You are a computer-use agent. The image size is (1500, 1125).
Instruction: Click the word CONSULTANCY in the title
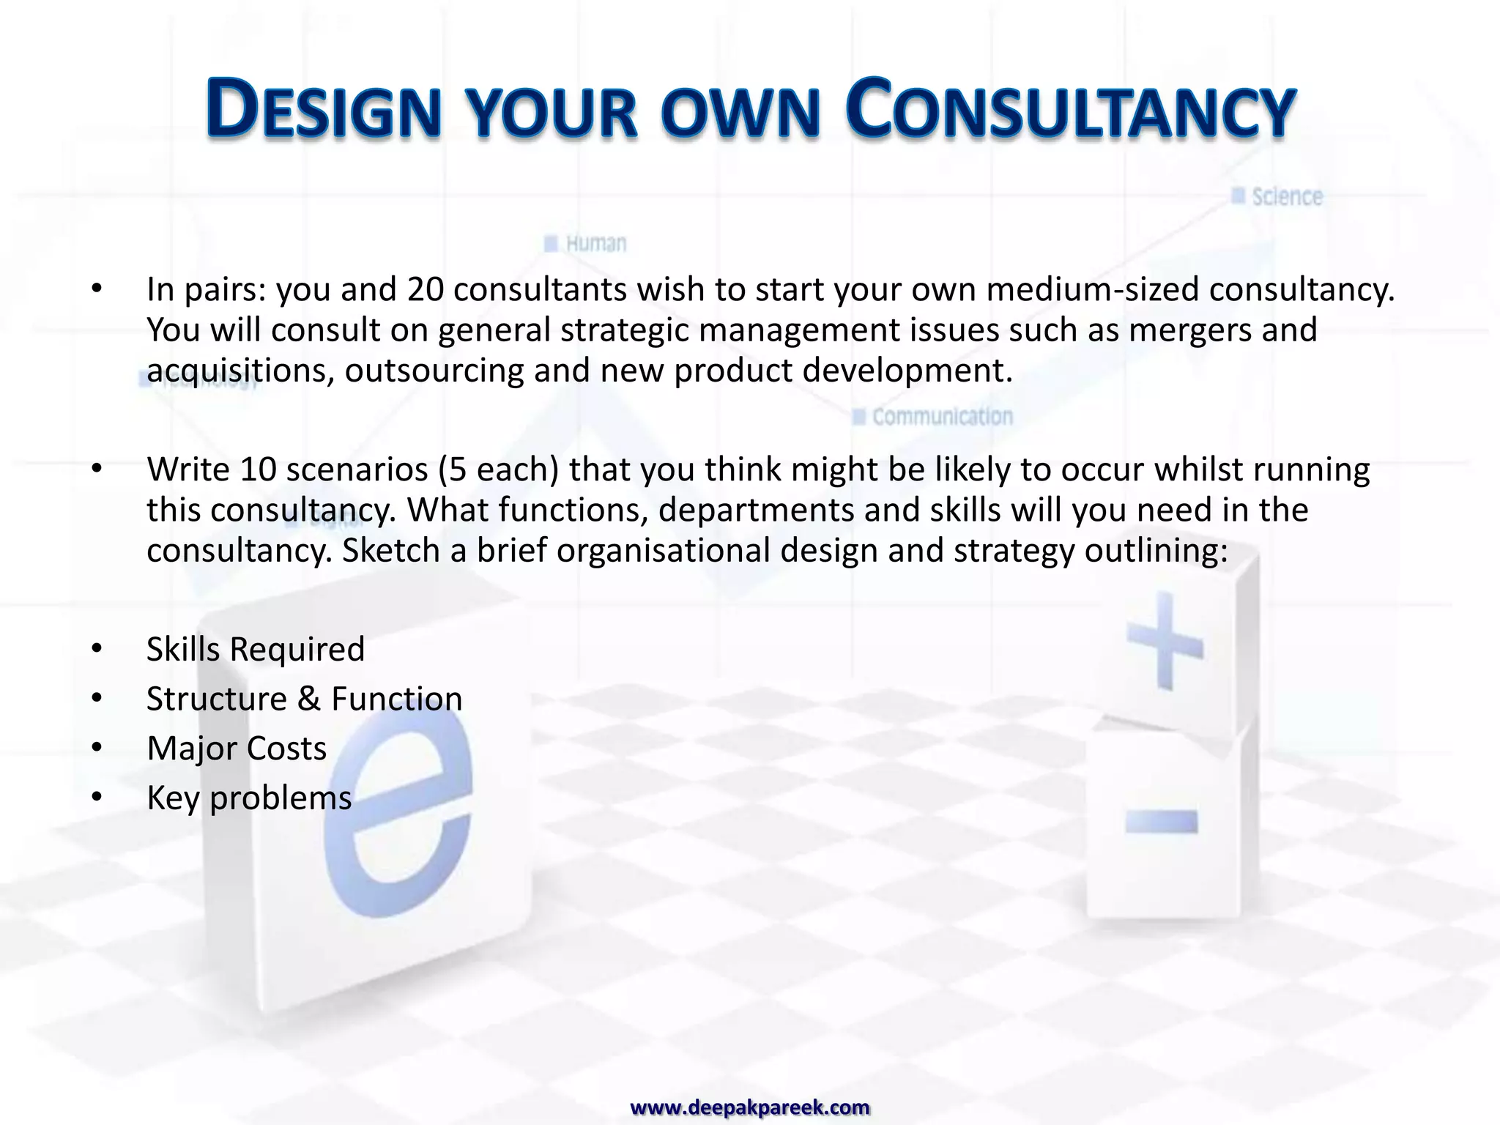pos(1070,110)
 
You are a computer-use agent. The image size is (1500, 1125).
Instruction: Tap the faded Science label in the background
pos(1286,197)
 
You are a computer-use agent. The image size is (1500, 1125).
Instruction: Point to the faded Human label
pos(595,243)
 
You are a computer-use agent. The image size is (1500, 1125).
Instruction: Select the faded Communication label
pos(942,417)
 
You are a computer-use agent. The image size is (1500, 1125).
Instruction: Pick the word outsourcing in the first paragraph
pos(434,371)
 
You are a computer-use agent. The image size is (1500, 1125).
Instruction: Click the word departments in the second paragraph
pos(756,510)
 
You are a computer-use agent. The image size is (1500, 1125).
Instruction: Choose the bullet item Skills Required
pos(256,650)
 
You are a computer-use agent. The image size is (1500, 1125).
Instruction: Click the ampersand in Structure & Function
pos(308,699)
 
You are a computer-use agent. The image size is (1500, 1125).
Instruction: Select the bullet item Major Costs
pos(237,749)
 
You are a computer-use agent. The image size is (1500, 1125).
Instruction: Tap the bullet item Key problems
pos(249,798)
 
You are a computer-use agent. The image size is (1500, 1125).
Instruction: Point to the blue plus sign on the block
pos(1164,643)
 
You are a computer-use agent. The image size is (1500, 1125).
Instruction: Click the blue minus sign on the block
pos(1162,821)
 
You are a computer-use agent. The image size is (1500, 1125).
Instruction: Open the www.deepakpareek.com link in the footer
pos(750,1107)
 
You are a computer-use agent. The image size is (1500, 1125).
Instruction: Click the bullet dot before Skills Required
pos(97,649)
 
